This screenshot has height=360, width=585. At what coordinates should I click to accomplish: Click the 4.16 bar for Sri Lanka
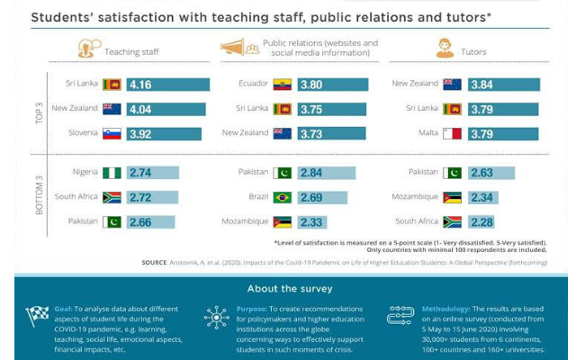(167, 85)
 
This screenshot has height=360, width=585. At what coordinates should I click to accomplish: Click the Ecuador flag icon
(282, 85)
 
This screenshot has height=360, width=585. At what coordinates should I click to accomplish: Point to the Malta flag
(453, 133)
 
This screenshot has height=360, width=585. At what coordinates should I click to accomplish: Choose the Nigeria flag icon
(112, 172)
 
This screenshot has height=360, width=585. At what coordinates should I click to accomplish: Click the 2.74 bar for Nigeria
(152, 172)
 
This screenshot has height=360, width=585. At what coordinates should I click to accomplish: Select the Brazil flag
(282, 196)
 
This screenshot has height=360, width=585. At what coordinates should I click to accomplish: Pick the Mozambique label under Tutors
(414, 196)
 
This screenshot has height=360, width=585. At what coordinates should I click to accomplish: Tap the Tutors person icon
(444, 48)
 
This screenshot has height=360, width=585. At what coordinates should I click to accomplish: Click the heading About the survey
(292, 288)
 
